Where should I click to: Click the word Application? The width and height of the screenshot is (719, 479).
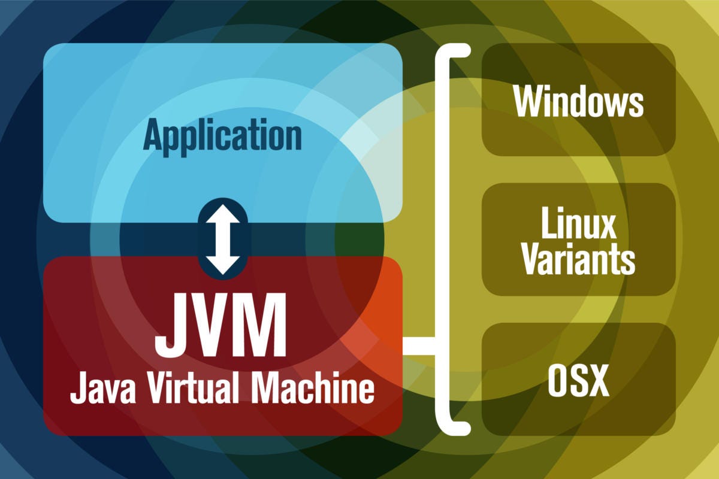click(222, 135)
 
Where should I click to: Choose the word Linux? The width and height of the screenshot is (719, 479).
click(578, 225)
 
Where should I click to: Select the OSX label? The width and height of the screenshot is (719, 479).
click(578, 381)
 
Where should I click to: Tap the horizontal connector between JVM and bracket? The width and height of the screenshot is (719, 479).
click(419, 346)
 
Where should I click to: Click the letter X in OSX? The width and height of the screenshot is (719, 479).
click(598, 381)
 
